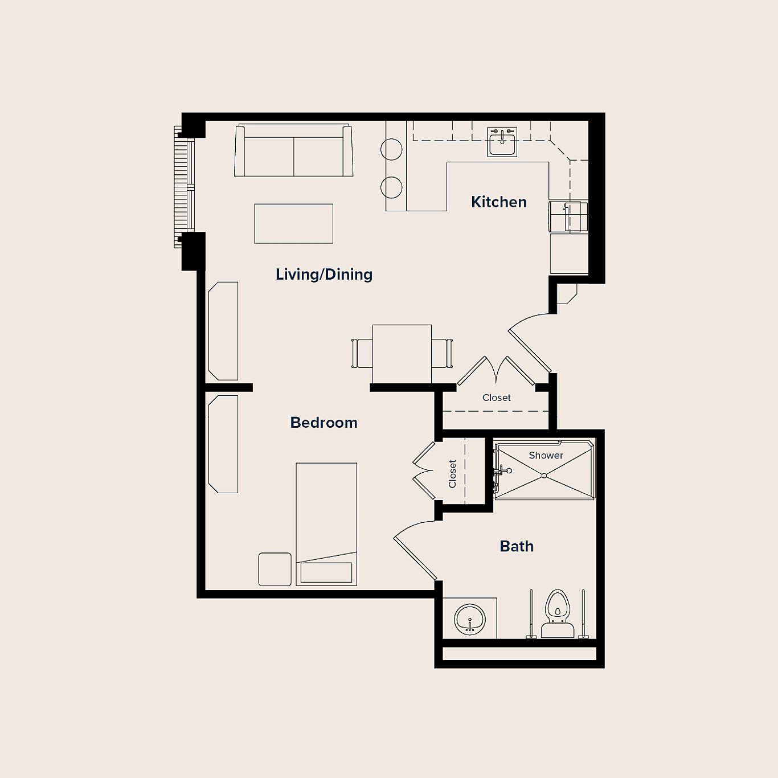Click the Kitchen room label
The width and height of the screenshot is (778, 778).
click(x=498, y=202)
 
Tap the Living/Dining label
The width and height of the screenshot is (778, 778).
click(x=324, y=275)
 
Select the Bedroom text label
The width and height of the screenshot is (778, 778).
click(x=324, y=423)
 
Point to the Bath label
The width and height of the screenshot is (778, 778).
click(x=517, y=547)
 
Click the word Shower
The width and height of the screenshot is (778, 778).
click(x=546, y=455)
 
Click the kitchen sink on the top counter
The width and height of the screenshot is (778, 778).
click(x=502, y=142)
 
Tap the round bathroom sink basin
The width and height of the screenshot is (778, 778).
click(x=469, y=619)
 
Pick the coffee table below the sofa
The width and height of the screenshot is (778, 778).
click(x=293, y=224)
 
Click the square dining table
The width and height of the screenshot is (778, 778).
click(x=402, y=353)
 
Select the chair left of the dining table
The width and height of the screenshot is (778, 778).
click(x=362, y=353)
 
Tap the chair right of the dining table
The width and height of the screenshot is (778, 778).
click(x=442, y=353)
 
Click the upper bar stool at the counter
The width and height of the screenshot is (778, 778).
click(x=391, y=149)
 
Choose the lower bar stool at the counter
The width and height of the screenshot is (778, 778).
click(x=391, y=187)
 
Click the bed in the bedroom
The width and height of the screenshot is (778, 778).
click(x=326, y=524)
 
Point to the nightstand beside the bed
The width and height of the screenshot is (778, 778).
click(x=275, y=569)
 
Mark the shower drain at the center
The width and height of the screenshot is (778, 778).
click(x=544, y=475)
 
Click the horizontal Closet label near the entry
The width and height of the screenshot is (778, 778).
click(x=496, y=398)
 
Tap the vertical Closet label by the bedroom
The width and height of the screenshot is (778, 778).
click(x=453, y=474)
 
